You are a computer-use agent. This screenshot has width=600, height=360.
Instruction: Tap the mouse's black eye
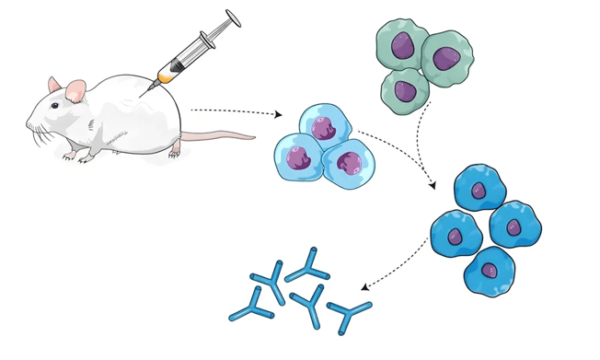click(x=56, y=108)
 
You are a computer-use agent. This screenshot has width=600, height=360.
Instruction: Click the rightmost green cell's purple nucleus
click(x=446, y=57)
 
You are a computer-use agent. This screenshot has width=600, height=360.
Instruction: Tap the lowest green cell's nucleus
click(x=405, y=90)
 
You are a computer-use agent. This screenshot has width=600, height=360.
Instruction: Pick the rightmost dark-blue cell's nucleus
click(x=516, y=226)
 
